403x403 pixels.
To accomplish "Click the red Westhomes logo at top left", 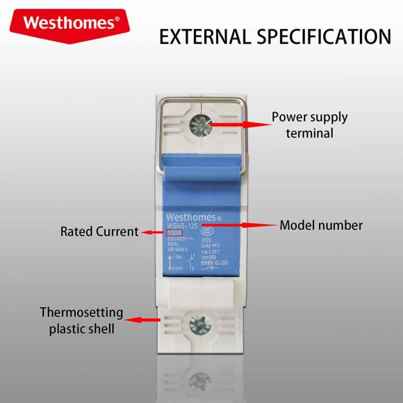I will click(68, 22).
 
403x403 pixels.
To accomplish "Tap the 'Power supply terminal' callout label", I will click(309, 125).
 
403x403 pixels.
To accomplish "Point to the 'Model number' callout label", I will click(321, 225).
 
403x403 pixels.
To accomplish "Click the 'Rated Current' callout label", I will click(99, 231).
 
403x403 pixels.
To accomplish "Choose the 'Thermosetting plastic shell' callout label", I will click(81, 320).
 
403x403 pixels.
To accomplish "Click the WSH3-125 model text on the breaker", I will click(182, 224).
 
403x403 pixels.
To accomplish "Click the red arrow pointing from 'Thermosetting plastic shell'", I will click(146, 320).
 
